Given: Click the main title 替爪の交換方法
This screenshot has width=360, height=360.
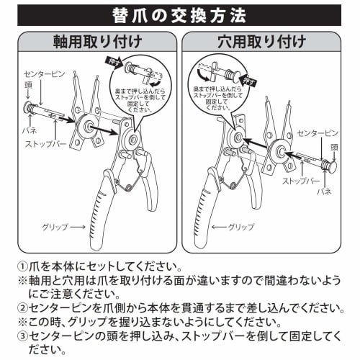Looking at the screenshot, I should pyautogui.click(x=179, y=14).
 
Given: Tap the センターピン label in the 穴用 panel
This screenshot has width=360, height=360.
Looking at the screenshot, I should pyautogui.click(x=315, y=135).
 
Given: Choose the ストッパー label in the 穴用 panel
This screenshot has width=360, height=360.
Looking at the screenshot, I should pyautogui.click(x=301, y=181).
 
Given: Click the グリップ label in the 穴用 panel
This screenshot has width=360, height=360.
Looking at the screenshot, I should pyautogui.click(x=240, y=227).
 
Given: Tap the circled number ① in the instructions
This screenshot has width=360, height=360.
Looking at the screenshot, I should pyautogui.click(x=23, y=266).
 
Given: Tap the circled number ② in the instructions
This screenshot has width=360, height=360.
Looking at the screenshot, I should pyautogui.click(x=23, y=308).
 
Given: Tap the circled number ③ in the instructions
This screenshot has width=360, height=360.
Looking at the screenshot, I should pyautogui.click(x=23, y=336).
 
